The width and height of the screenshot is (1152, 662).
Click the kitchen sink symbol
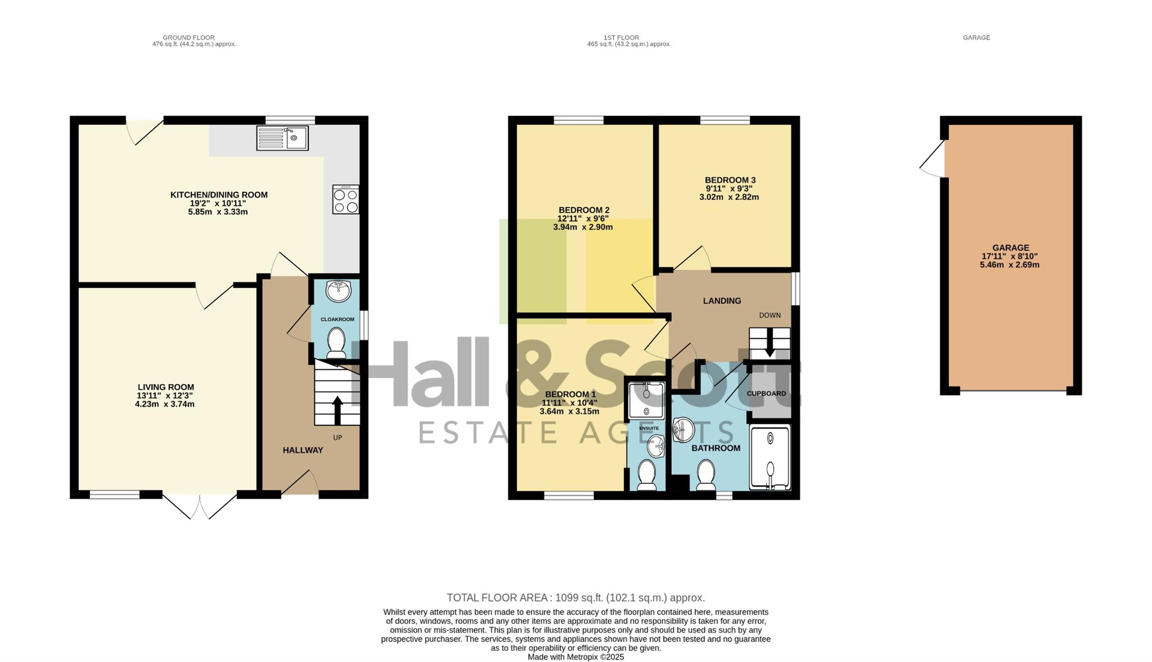tap(282, 138)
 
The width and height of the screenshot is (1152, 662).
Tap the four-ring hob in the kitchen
tap(346, 199)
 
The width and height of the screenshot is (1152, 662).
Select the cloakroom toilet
tap(336, 343)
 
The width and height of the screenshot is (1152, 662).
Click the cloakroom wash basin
tap(338, 291)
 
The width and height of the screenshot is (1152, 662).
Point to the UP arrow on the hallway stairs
tap(337, 410)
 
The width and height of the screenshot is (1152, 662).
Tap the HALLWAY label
tap(303, 450)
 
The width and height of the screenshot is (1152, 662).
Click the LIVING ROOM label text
tap(166, 387)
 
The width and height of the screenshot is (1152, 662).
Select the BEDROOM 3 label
tap(730, 180)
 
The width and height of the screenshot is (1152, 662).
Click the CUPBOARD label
tap(766, 393)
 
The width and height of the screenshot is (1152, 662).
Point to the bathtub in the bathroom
tap(770, 457)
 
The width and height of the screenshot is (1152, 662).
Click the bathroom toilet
tap(705, 475)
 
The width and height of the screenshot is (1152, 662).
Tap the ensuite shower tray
tap(647, 400)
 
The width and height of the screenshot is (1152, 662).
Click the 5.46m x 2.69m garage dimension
tap(1010, 265)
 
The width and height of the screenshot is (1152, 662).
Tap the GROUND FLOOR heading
tap(188, 38)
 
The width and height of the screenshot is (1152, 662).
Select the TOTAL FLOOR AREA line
tap(576, 598)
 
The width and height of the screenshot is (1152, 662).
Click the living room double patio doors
tap(200, 507)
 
